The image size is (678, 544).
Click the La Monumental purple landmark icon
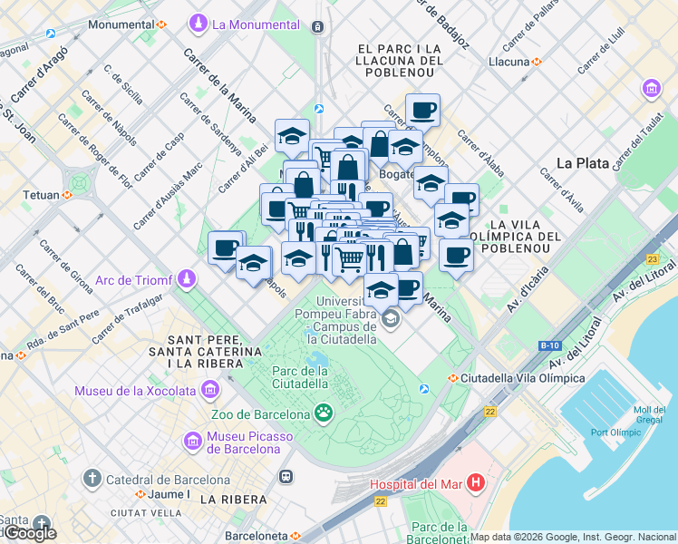click(x=199, y=23)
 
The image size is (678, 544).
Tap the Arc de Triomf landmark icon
click(x=187, y=277)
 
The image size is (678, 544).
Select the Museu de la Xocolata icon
click(x=210, y=391)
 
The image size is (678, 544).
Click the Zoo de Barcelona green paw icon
click(x=324, y=413)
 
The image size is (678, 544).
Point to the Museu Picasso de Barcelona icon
click(x=193, y=442)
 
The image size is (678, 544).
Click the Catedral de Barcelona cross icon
click(x=92, y=479)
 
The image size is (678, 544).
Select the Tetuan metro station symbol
click(x=67, y=194)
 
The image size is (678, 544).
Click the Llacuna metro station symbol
click(x=538, y=62)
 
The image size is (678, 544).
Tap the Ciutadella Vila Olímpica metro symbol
click(x=452, y=377)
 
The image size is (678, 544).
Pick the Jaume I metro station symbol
click(x=140, y=495)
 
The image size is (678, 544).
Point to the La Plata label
click(x=581, y=163)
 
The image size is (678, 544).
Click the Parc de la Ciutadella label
click(x=300, y=376)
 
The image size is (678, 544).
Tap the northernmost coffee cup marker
click(x=422, y=111)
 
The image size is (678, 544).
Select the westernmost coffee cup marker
click(x=225, y=248)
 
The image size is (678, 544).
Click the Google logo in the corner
click(x=30, y=533)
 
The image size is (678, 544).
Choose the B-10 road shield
click(x=549, y=345)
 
